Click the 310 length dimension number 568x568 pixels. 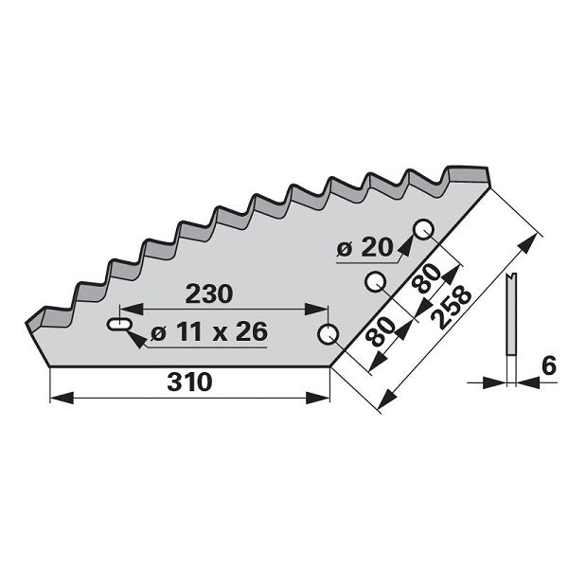(x=189, y=382)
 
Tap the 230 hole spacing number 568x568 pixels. (x=209, y=293)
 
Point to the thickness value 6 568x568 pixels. (x=549, y=365)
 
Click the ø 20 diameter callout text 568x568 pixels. (x=364, y=248)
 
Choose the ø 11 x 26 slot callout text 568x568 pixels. (x=209, y=331)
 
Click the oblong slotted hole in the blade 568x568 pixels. (x=119, y=324)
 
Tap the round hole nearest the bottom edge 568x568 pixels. (x=328, y=334)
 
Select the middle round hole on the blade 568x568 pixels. (x=375, y=281)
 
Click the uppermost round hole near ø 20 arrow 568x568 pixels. (x=424, y=230)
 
